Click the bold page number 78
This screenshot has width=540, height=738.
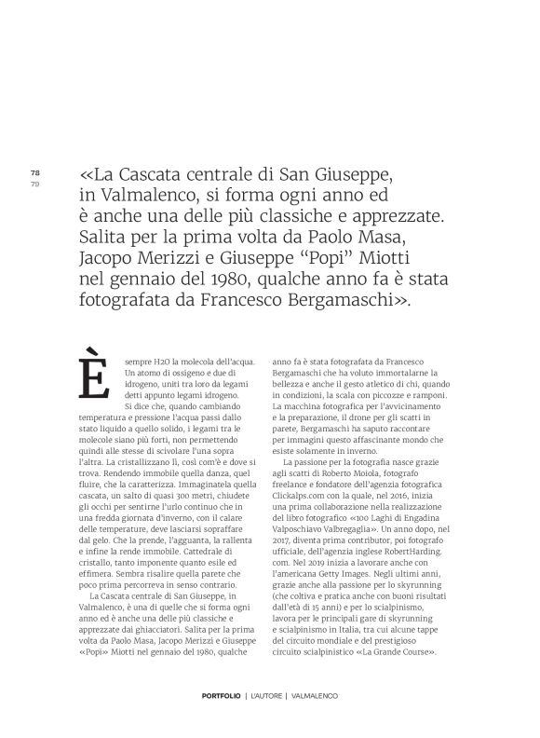[35, 172]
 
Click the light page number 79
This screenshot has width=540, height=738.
[35, 183]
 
